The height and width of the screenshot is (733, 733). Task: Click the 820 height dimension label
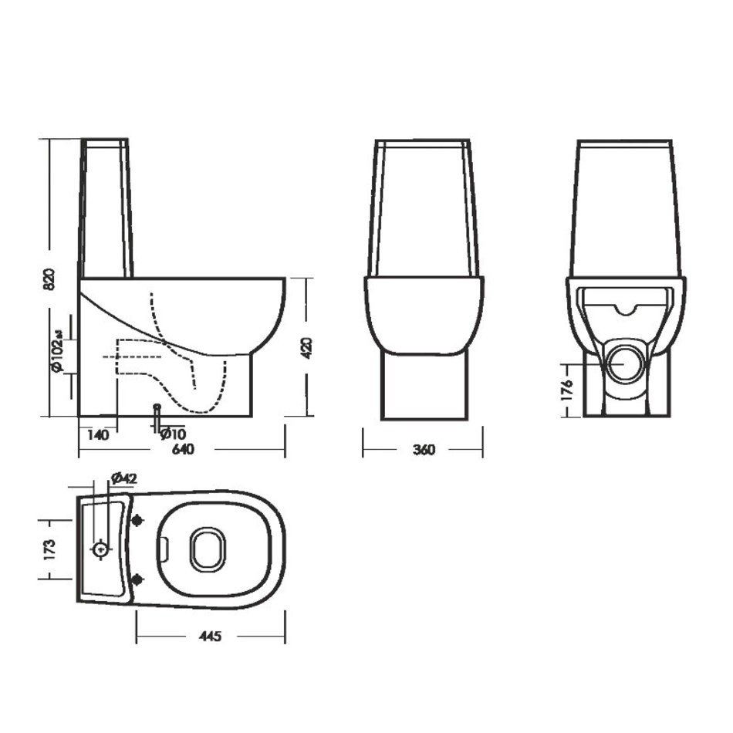49,279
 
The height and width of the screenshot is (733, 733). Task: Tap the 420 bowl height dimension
306,348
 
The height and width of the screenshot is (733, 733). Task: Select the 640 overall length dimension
183,449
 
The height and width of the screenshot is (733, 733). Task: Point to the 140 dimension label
98,434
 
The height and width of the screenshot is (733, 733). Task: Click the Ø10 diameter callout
173,433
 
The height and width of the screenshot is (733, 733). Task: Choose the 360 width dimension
424,449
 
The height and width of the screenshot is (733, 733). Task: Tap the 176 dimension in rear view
566,390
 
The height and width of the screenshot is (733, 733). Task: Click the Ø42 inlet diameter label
124,478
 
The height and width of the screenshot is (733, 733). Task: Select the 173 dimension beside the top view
49,549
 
